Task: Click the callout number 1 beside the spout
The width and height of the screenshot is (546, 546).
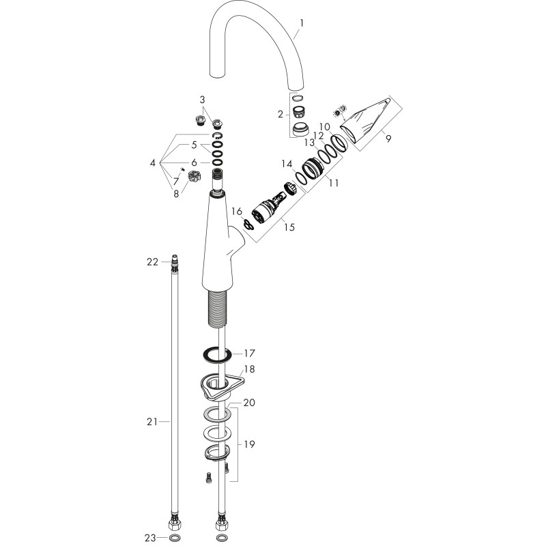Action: pyautogui.click(x=302, y=23)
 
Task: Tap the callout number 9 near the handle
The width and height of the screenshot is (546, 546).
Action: pyautogui.click(x=388, y=139)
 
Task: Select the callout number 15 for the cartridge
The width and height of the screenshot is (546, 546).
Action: pyautogui.click(x=289, y=227)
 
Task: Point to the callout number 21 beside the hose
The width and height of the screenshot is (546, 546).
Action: pyautogui.click(x=152, y=422)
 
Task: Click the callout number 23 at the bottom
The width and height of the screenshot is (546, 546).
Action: pyautogui.click(x=150, y=538)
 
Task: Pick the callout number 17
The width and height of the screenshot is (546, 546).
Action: pyautogui.click(x=249, y=354)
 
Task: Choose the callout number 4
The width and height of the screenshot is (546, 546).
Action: pyautogui.click(x=152, y=162)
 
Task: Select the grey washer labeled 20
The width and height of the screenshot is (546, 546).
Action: pyautogui.click(x=217, y=414)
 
